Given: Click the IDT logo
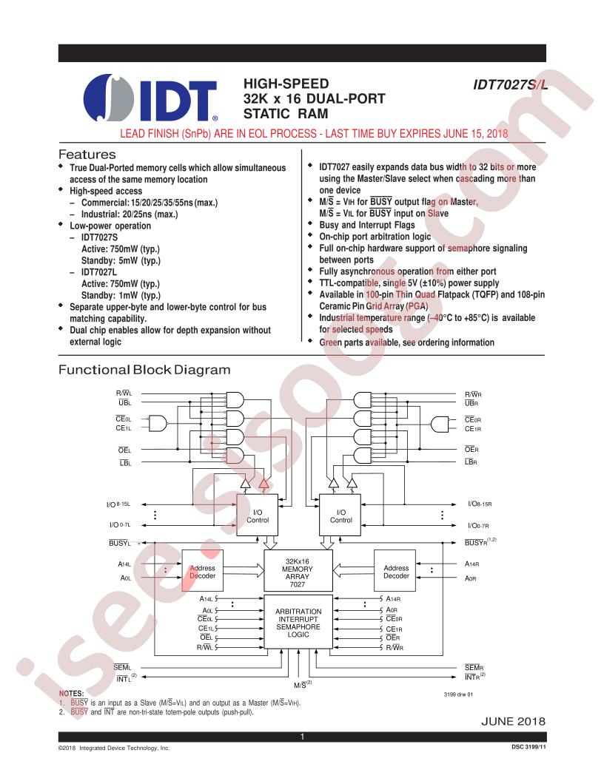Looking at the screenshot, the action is pyautogui.click(x=150, y=98).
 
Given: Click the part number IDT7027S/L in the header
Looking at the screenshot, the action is pyautogui.click(x=510, y=84).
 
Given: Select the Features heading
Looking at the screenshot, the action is pyautogui.click(x=87, y=155).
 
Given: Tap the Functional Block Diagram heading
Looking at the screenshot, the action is pyautogui.click(x=144, y=370).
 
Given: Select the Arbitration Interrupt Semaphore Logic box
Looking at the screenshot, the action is pyautogui.click(x=298, y=622).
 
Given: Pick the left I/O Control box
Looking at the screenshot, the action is pyautogui.click(x=257, y=515).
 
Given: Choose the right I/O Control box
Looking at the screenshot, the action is pyautogui.click(x=340, y=515).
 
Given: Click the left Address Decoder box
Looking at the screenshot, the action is pyautogui.click(x=202, y=571).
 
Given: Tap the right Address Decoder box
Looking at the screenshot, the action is pyautogui.click(x=395, y=571).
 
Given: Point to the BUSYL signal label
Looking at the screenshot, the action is pyautogui.click(x=120, y=543).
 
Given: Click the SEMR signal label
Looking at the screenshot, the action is pyautogui.click(x=474, y=667).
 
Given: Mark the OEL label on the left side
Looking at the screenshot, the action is pyautogui.click(x=124, y=450).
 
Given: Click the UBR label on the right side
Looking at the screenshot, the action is pyautogui.click(x=472, y=404).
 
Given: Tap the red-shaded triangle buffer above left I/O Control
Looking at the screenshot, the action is pyautogui.click(x=264, y=483).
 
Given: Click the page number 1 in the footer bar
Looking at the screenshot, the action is pyautogui.click(x=302, y=737).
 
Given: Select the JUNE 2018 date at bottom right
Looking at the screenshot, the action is pyautogui.click(x=513, y=721).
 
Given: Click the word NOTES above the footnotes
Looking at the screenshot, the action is pyautogui.click(x=71, y=693).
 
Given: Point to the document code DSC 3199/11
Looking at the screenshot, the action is pyautogui.click(x=528, y=747).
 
